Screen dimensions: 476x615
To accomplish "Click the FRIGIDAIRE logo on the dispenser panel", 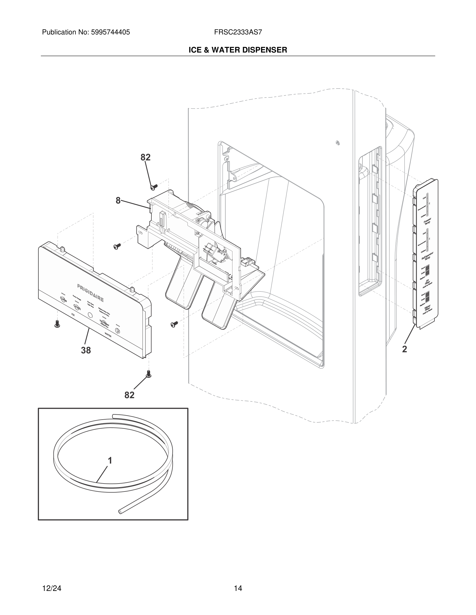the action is click(x=90, y=293).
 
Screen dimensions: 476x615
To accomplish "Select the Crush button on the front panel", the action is click(x=77, y=307).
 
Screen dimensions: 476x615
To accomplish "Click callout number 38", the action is click(x=86, y=350).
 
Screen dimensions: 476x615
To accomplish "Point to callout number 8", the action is click(x=118, y=201).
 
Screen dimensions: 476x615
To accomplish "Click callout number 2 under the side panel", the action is click(x=404, y=349).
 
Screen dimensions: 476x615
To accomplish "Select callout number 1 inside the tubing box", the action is click(x=110, y=461).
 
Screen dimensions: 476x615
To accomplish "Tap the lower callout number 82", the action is click(x=129, y=395).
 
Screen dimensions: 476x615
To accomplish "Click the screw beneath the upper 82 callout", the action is click(x=154, y=187).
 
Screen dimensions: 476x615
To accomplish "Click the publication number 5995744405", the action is click(x=110, y=32).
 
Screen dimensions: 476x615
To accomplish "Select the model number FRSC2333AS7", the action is click(x=238, y=32).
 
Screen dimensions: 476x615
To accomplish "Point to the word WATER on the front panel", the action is click(x=108, y=336).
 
